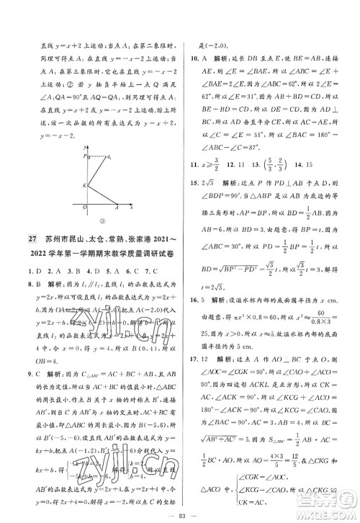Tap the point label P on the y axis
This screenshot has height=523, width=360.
coord(84,155)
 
